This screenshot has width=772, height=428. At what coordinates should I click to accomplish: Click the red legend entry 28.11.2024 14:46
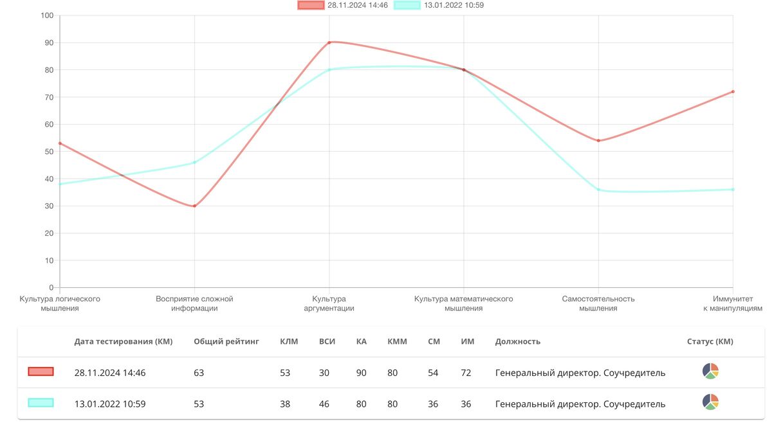[x=342, y=5]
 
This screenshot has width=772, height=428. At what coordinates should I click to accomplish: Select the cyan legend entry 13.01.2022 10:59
[x=439, y=5]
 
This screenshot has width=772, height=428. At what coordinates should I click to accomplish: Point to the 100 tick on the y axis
[x=47, y=15]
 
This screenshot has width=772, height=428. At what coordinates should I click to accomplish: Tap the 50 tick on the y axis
[x=49, y=152]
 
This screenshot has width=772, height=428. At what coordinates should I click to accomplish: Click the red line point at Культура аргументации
[x=329, y=42]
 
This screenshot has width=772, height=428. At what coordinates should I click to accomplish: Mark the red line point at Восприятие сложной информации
[x=194, y=206]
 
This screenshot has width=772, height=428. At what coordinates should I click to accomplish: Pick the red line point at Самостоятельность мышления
[x=598, y=141]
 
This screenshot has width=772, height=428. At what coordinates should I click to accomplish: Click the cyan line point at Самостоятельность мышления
[x=598, y=190]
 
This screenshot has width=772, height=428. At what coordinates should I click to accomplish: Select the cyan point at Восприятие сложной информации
[x=194, y=163]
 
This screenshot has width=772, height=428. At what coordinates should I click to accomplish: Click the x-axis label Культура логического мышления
[x=60, y=303]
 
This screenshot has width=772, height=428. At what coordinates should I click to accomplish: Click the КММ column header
[x=397, y=341]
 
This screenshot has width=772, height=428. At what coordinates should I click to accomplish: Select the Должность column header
[x=517, y=341]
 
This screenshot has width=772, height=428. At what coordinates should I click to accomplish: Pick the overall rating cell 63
[x=199, y=373]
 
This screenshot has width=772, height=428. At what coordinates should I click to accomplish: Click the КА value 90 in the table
[x=361, y=373]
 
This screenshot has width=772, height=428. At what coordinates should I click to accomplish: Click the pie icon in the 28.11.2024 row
[x=710, y=371]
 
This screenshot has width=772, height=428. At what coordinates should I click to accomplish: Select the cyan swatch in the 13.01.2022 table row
[x=41, y=403]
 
